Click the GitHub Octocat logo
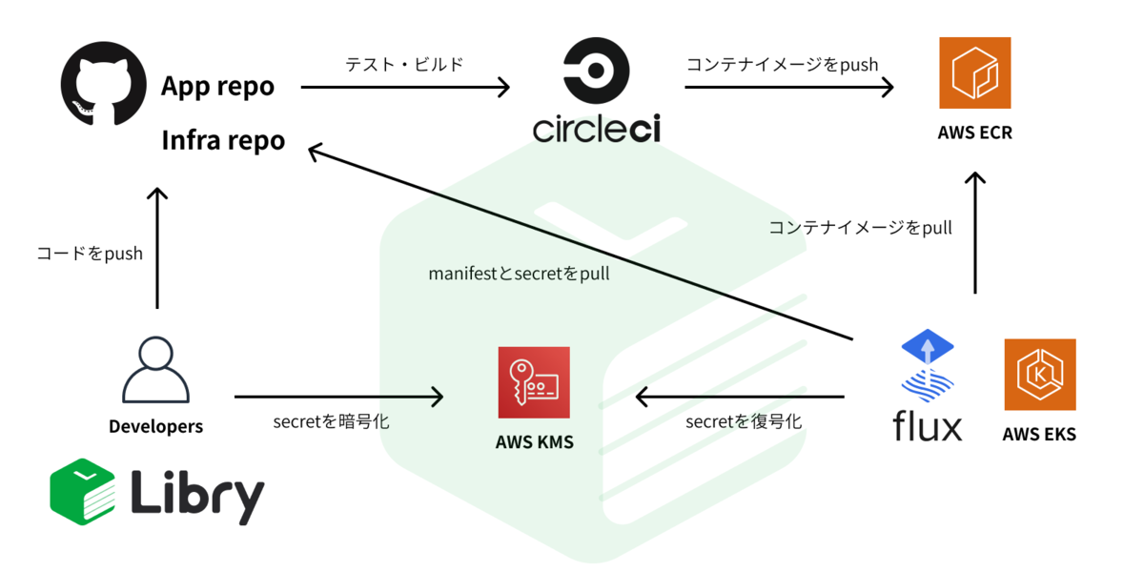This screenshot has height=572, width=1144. pos(103,83)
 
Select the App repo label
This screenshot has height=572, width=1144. pos(217,87)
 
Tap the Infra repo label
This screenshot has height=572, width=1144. pos(223,140)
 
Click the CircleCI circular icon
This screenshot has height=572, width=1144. pos(597,70)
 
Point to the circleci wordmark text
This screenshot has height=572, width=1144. pos(597,129)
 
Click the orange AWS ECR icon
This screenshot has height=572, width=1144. pos(974,73)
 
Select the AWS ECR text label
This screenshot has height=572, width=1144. pos(974,133)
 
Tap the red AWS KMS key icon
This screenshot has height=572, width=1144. pos(534,382)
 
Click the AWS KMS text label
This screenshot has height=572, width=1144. pos(534,441)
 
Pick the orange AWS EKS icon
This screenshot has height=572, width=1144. pos(1039,375)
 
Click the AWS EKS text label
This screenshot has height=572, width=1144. pos(1039,435)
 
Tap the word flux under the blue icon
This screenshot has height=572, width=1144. pos(928,426)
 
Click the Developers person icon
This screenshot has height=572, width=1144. pos(155,371)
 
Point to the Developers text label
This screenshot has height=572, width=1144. pos(155,426)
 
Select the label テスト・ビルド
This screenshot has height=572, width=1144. pos(404,65)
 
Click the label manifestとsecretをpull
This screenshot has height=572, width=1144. pos(519,274)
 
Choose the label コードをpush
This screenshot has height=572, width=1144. pos(90,254)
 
